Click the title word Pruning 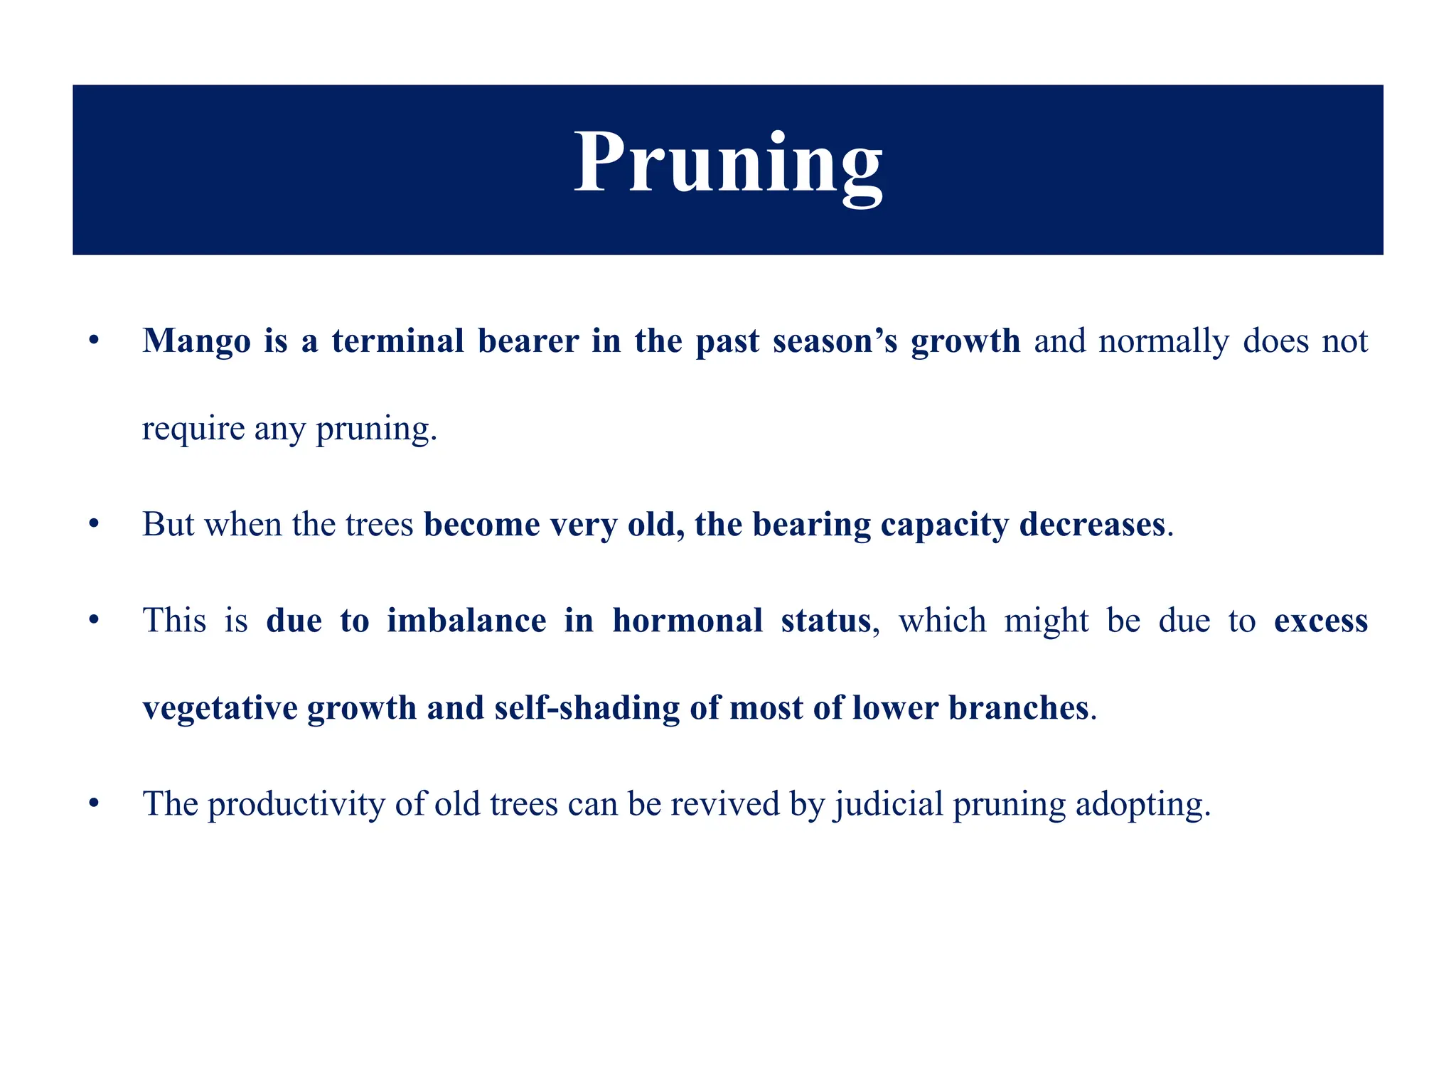(x=728, y=165)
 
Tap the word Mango (x=197, y=341)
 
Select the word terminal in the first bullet (x=397, y=341)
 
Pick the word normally (x=1163, y=341)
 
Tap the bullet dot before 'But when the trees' (x=92, y=524)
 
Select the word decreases (x=1092, y=525)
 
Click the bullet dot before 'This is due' (x=92, y=620)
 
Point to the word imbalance (x=466, y=621)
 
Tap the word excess (x=1320, y=621)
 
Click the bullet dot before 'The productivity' (x=92, y=804)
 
